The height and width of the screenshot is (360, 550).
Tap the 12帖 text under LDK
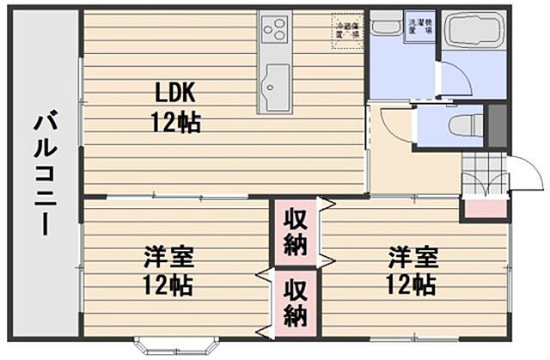pyautogui.click(x=176, y=123)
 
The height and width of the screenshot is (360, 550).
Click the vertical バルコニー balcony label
pyautogui.click(x=44, y=176)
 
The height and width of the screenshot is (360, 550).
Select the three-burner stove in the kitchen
pyautogui.click(x=275, y=31)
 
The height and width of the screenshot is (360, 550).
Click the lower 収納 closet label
pyautogui.click(x=295, y=302)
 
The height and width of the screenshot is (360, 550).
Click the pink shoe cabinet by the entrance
pyautogui.click(x=485, y=208)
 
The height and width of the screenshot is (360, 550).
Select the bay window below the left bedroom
pyautogui.click(x=168, y=346)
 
